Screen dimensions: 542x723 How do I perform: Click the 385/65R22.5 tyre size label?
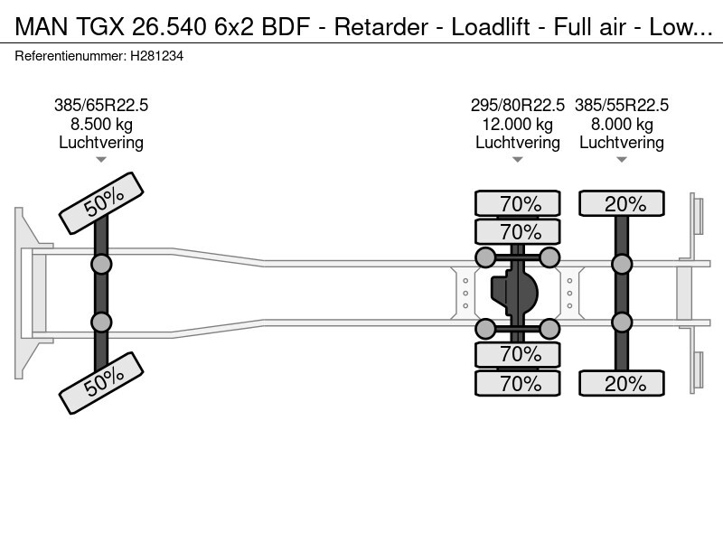[101, 105]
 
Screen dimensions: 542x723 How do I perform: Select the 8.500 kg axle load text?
[101, 124]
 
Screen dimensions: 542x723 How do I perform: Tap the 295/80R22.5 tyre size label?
[518, 105]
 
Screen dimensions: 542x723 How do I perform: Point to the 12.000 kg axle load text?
[518, 124]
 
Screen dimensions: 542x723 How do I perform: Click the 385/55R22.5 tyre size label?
[622, 105]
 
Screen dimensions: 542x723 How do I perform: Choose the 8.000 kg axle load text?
[622, 124]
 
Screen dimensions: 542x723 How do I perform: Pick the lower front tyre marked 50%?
[101, 385]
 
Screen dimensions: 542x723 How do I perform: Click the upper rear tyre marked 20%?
[622, 204]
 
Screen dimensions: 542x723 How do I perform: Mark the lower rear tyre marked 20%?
[622, 383]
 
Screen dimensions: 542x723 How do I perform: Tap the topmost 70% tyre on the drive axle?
[518, 204]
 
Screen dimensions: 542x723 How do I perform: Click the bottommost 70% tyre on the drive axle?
[518, 383]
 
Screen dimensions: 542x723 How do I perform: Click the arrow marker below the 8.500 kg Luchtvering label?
[101, 160]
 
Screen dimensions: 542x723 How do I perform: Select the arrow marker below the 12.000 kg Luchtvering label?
[518, 160]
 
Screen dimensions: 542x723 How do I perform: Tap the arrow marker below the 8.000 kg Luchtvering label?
[622, 160]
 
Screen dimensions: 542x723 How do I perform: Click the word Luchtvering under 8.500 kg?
[101, 143]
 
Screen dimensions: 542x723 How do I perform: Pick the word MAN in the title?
[38, 27]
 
